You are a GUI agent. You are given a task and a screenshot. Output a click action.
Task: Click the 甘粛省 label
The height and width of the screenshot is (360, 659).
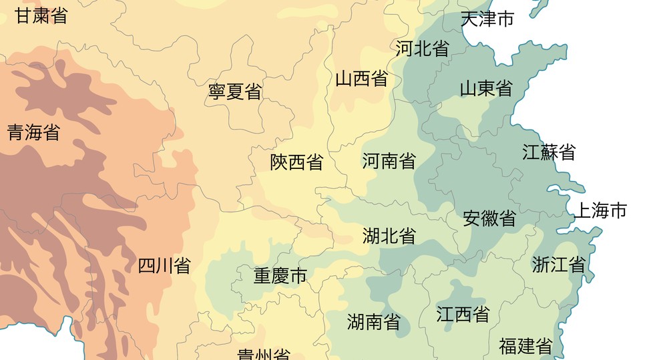[x=41, y=16]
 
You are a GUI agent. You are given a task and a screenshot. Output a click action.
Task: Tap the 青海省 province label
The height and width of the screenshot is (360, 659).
[x=33, y=132]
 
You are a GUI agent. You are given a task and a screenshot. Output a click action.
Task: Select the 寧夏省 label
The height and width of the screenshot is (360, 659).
[x=235, y=92]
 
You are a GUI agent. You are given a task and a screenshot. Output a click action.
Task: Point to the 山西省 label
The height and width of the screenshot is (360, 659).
[x=361, y=79]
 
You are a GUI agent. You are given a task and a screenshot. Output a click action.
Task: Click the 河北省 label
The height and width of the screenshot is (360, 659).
[x=422, y=48]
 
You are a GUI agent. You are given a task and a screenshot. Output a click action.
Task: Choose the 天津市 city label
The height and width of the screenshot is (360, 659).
[x=487, y=19]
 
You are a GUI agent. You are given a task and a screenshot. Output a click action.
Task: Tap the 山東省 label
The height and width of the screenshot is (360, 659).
[x=485, y=87]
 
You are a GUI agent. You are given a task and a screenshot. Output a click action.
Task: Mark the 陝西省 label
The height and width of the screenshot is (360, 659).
[x=296, y=162]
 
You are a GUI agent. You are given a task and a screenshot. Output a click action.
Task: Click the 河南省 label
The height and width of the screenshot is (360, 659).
[x=389, y=160]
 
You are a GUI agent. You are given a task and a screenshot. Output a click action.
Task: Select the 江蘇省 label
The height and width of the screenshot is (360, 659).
[x=549, y=152]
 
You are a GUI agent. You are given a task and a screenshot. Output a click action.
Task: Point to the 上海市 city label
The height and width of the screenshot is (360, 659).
[x=600, y=211]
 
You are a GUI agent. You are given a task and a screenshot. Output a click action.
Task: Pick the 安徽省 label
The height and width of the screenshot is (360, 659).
[x=489, y=218]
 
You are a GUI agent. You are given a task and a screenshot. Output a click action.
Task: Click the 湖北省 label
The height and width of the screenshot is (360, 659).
[x=389, y=235]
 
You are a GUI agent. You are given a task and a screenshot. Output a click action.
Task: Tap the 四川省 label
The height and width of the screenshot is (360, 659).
[x=164, y=266]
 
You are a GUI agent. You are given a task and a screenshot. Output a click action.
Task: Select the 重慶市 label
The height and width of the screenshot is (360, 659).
[x=280, y=275]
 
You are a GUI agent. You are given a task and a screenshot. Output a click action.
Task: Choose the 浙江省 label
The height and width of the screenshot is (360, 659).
[x=559, y=264]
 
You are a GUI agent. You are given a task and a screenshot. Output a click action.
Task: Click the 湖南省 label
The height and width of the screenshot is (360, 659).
[x=374, y=322]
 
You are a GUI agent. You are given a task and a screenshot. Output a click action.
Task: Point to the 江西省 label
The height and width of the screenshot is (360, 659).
[x=463, y=314]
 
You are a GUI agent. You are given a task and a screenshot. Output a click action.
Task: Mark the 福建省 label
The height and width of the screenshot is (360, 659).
[x=525, y=346]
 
